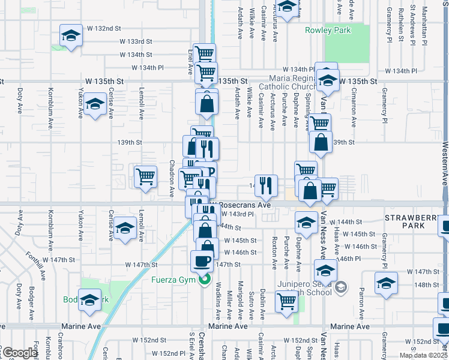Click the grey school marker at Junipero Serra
point(341,287)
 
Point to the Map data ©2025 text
point(423,355)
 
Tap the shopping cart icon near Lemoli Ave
point(145,176)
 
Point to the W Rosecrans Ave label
point(244,205)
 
